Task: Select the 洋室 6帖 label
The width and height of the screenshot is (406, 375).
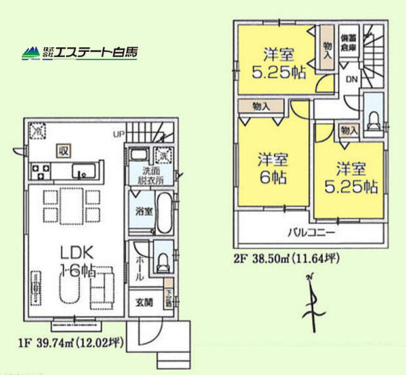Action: coord(270,168)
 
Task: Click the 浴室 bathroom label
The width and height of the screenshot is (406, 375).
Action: coord(144,212)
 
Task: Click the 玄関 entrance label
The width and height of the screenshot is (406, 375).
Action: coord(145,303)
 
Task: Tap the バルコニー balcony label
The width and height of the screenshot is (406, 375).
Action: coord(311,233)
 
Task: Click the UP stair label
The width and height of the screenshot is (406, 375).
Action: coord(119,134)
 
